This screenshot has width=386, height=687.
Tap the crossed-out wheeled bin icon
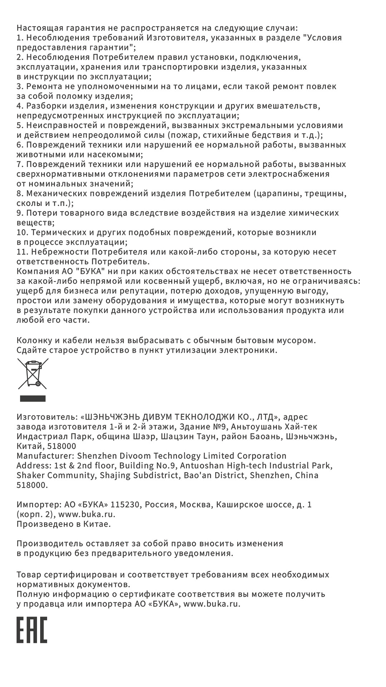33,374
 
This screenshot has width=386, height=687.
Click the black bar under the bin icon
33,399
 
